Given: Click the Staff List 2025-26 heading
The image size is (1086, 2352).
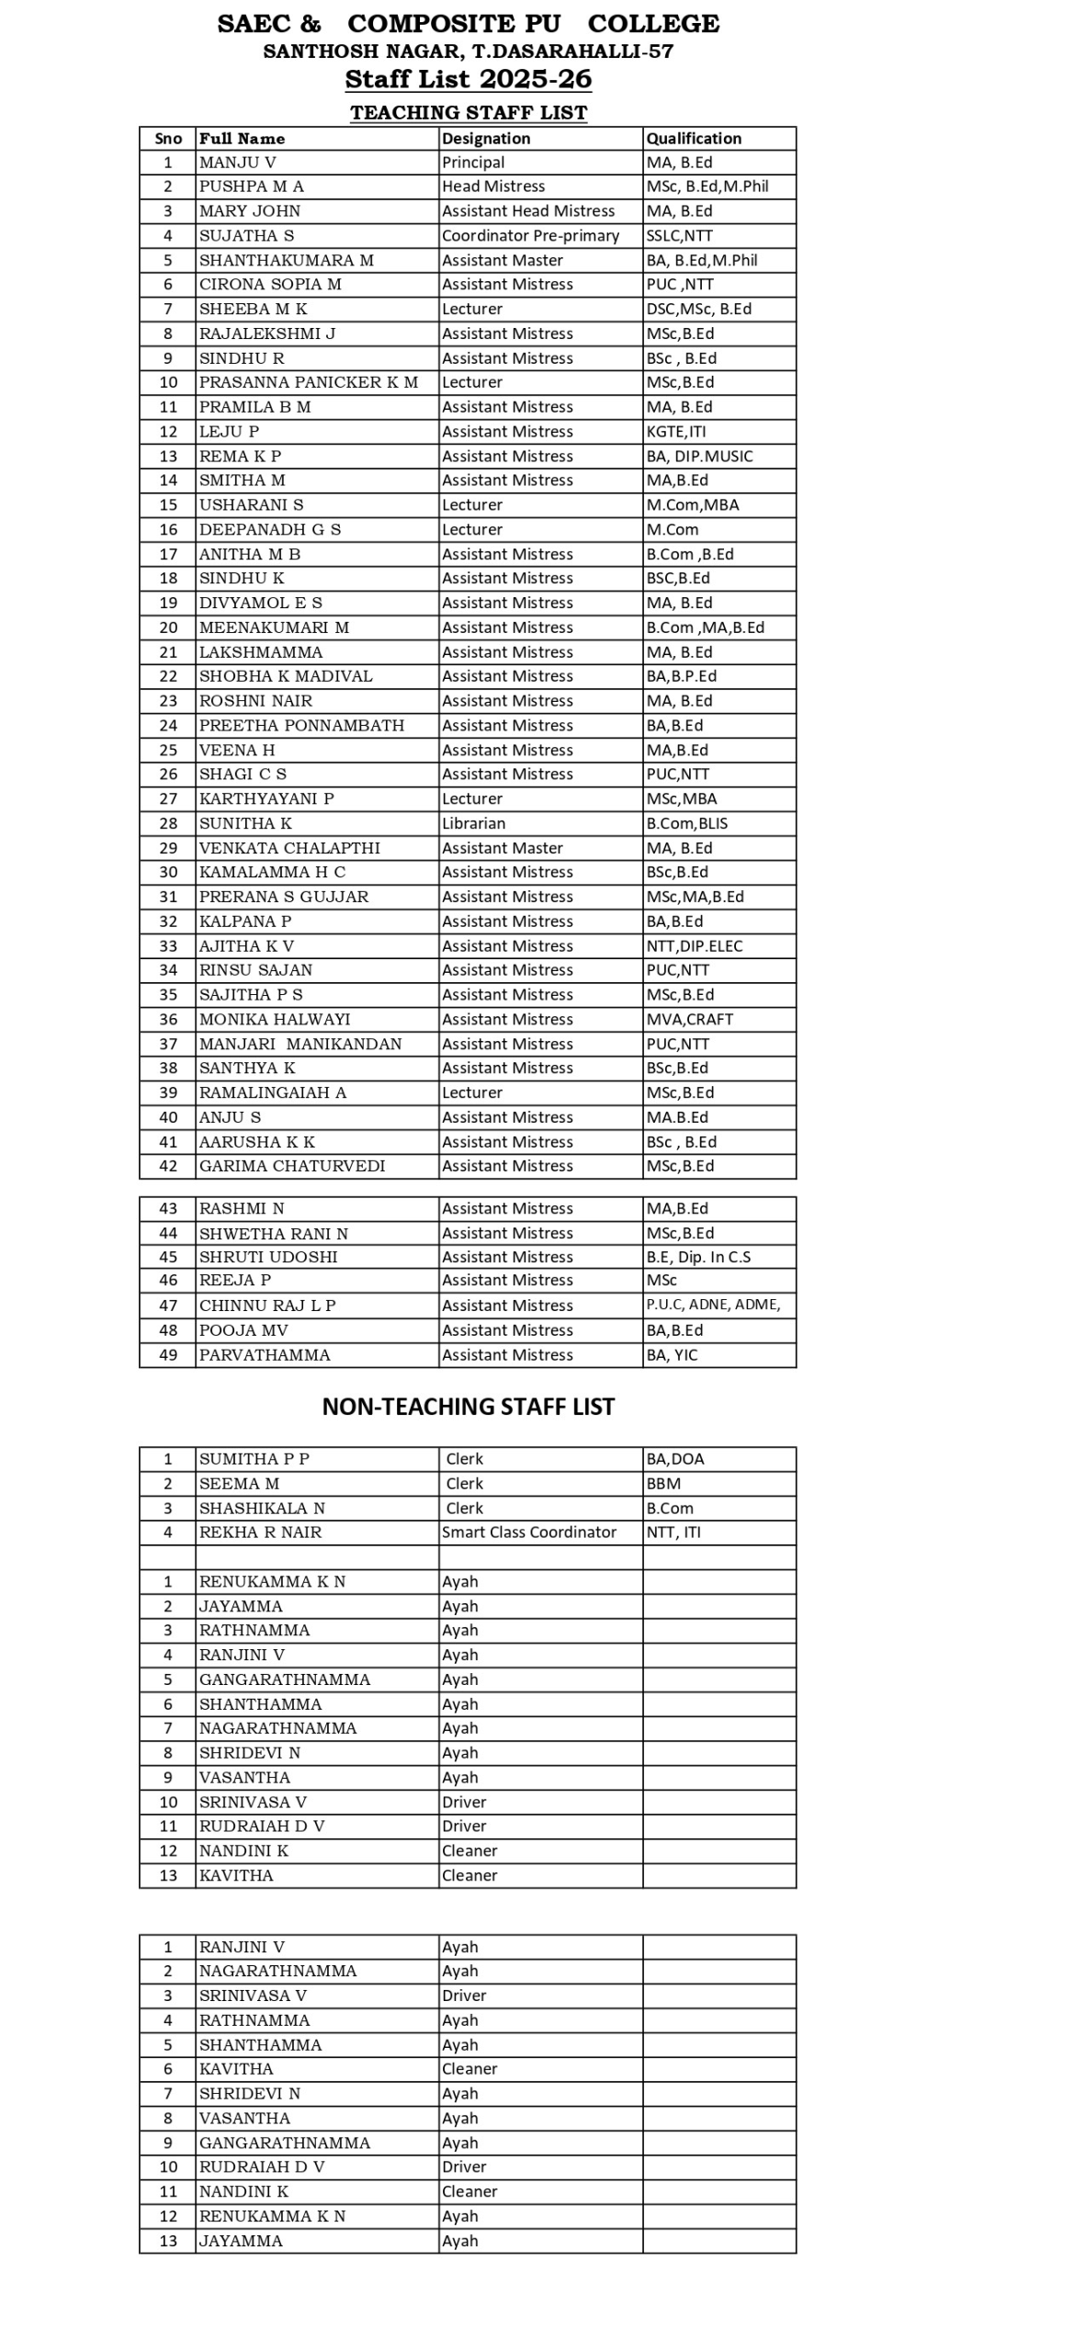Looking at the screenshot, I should click(x=468, y=79).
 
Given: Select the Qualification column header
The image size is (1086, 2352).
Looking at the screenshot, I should click(x=693, y=138).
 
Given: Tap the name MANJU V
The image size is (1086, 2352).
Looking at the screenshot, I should click(x=237, y=163).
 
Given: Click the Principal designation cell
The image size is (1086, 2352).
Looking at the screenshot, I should click(x=473, y=163).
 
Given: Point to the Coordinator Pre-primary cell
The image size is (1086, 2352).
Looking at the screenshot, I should click(x=530, y=236).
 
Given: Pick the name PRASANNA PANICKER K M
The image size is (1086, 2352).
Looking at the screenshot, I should click(x=308, y=382).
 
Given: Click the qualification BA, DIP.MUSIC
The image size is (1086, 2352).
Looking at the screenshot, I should click(x=698, y=457).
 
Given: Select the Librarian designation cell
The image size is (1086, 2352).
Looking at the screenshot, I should click(x=473, y=823).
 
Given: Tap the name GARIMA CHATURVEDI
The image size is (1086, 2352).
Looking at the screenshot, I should click(x=291, y=1166).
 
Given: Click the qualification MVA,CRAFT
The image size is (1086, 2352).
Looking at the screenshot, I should click(x=689, y=1019).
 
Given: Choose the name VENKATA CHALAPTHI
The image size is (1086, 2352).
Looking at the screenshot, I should click(x=288, y=848).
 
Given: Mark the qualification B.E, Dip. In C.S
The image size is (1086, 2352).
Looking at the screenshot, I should click(x=697, y=1257).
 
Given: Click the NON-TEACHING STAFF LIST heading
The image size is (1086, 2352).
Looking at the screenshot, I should click(x=468, y=1407).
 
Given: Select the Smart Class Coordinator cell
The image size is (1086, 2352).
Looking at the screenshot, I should click(x=529, y=1532).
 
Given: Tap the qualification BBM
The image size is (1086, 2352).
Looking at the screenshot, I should click(x=663, y=1484).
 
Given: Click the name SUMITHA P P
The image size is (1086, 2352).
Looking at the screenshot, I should click(x=254, y=1459).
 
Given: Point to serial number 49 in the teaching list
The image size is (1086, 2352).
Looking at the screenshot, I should click(x=168, y=1355).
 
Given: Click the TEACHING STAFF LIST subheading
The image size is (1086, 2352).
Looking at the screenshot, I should click(x=468, y=113).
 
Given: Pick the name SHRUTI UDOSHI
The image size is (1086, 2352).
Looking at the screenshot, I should click(x=267, y=1257).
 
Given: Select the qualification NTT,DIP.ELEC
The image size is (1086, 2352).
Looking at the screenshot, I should click(x=694, y=946).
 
